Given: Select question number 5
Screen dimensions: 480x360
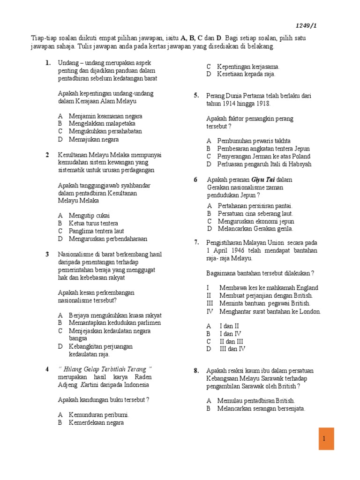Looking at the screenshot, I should coord(196,96).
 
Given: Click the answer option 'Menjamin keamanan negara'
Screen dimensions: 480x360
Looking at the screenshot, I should coord(105,116).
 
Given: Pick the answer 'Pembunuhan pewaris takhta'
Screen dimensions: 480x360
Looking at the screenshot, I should coord(254,141).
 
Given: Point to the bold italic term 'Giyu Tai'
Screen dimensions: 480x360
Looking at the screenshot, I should coord(263,179).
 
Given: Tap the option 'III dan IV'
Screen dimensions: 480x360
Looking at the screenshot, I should coord(232,349).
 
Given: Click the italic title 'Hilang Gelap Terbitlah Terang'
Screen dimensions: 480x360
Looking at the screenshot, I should coord(105,369).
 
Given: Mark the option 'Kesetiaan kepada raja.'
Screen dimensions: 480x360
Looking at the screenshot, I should coord(246,74).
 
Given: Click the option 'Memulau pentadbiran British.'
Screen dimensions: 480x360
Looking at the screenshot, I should coord(256,400).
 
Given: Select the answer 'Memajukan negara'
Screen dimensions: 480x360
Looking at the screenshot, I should coord(94,139).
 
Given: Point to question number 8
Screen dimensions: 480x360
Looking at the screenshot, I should coord(197,371).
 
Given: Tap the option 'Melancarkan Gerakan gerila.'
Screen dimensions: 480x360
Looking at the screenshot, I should coord(255,228).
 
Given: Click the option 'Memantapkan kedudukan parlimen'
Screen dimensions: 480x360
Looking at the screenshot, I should coord(115,322).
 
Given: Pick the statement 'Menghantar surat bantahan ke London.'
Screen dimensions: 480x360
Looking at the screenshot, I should coord(270,311).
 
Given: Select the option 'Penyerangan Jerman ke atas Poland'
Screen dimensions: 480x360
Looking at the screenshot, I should coord(263,156).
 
